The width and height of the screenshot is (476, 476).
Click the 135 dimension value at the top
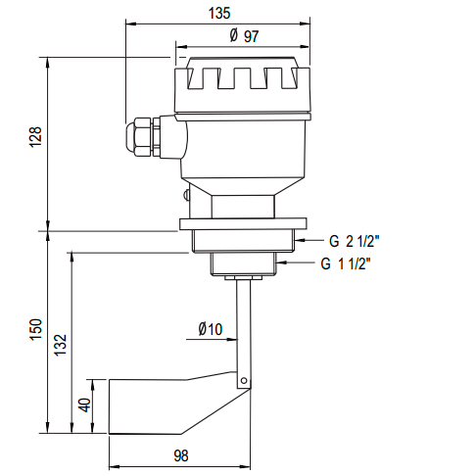pyautogui.click(x=219, y=13)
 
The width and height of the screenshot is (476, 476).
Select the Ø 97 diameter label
pyautogui.click(x=244, y=35)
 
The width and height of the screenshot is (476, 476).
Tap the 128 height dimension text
pyautogui.click(x=35, y=137)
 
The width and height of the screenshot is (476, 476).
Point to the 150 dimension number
pyautogui.click(x=35, y=330)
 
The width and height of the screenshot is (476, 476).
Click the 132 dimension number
pyautogui.click(x=61, y=345)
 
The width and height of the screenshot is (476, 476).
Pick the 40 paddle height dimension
pyautogui.click(x=85, y=405)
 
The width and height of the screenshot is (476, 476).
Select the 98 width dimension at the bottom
pyautogui.click(x=181, y=455)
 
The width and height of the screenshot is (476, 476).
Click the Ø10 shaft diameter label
pyautogui.click(x=211, y=329)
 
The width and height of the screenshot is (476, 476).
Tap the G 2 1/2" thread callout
pyautogui.click(x=354, y=242)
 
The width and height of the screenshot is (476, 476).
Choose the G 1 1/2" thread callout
pyautogui.click(x=346, y=263)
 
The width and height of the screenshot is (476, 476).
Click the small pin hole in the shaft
pyautogui.click(x=244, y=381)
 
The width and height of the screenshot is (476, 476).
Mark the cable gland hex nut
pyautogui.click(x=139, y=136)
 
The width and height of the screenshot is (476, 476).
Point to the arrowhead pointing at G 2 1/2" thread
pyautogui.click(x=300, y=240)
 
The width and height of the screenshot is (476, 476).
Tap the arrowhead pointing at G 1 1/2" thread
pyautogui.click(x=282, y=262)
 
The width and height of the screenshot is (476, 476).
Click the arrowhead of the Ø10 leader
pyautogui.click(x=232, y=339)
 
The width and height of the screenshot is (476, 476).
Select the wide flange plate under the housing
pyautogui.click(x=243, y=224)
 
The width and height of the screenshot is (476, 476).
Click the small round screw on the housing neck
pyautogui.click(x=186, y=195)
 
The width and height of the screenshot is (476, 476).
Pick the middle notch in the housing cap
pyautogui.click(x=242, y=78)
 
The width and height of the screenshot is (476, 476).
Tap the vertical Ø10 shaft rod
pyautogui.click(x=244, y=332)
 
